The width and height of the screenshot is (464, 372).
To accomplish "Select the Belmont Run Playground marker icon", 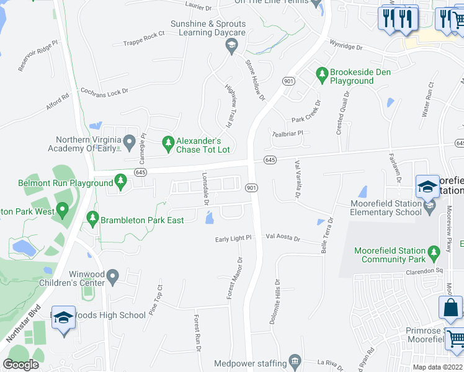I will (x=121, y=182).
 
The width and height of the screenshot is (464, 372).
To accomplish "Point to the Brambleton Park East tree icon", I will (x=92, y=218).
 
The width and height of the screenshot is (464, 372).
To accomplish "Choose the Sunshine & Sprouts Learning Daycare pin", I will (x=231, y=43).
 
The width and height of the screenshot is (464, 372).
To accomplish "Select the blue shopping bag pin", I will (x=450, y=308).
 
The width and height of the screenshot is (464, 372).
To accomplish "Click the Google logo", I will (x=20, y=364).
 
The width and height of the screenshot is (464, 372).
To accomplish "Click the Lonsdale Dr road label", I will (x=207, y=188).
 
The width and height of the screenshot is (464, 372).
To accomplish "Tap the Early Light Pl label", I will (x=233, y=238).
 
